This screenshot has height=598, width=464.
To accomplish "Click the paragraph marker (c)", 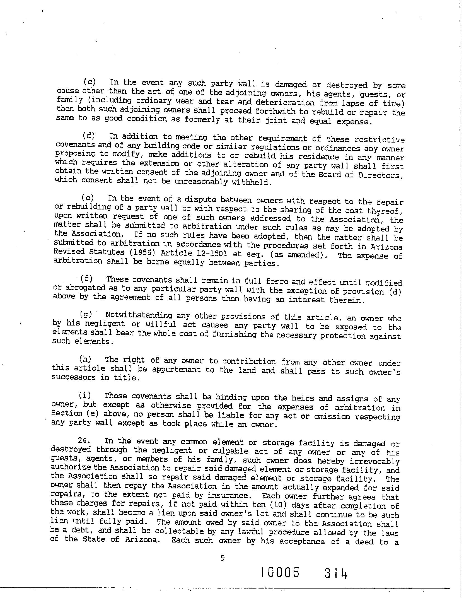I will [90, 82].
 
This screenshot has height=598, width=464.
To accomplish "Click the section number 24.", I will [84, 440].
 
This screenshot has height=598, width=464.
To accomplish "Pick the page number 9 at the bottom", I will [223, 558].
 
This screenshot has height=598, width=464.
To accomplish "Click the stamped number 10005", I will [280, 573].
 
